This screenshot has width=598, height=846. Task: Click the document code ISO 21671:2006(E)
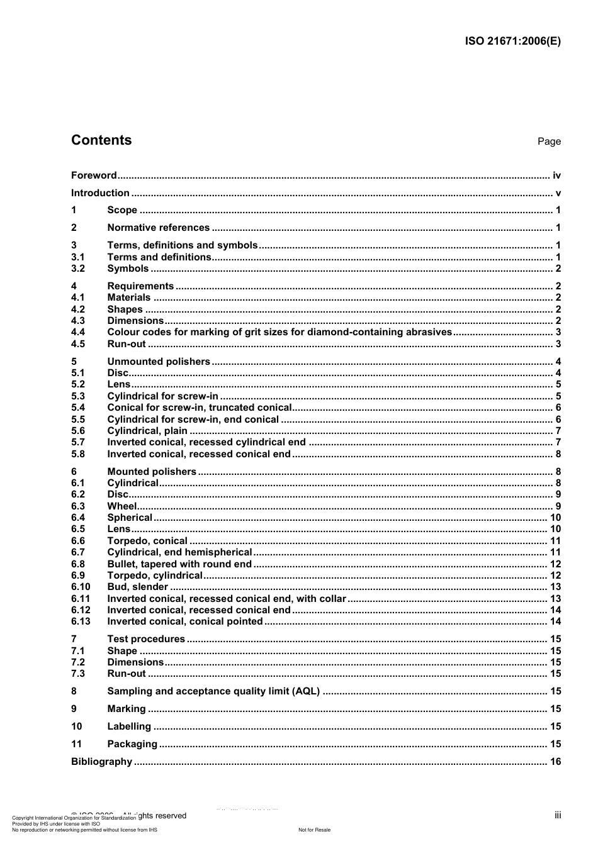pos(512,42)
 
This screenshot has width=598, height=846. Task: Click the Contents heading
pos(101,140)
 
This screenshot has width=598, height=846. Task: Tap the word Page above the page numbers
pos(549,142)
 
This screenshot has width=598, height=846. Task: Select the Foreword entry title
pos(94,175)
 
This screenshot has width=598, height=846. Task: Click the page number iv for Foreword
pos(556,175)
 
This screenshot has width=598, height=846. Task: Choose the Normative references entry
pos(158,228)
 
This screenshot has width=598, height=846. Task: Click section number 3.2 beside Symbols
pos(78,269)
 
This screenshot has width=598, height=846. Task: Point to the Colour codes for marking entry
pos(279,332)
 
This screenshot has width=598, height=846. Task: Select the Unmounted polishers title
pos(159,362)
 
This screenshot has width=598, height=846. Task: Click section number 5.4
pos(78,408)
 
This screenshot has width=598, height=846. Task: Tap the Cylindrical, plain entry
pos(147,431)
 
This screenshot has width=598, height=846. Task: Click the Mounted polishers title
pos(152,472)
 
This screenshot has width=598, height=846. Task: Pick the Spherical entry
pos(130,518)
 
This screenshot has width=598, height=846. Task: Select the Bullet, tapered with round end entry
pos(179,564)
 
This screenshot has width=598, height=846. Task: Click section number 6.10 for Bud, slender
pos(81,587)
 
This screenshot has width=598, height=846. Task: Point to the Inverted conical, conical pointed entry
pos(185,621)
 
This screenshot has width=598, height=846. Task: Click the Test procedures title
pos(146,639)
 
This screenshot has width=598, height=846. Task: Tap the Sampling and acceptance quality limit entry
pos(213,691)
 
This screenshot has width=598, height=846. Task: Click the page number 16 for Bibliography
pos(555,762)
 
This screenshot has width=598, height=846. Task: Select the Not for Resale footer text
pos(314,830)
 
